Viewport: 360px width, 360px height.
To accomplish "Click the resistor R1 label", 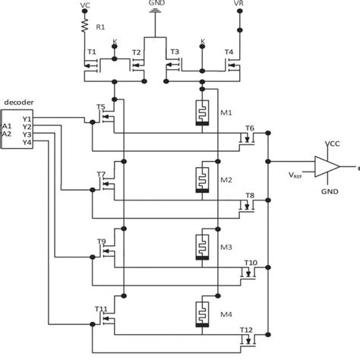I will [100, 29].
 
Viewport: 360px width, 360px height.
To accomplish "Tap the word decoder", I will [18, 100].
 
